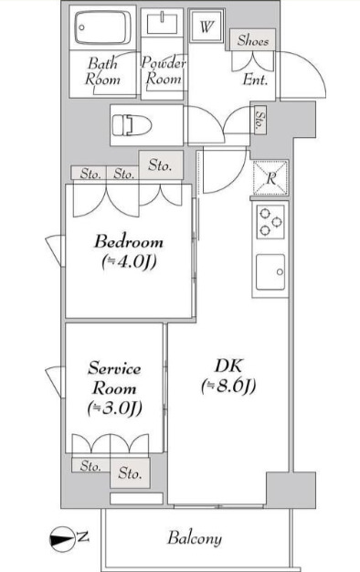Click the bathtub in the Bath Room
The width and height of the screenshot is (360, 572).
pyautogui.click(x=102, y=27)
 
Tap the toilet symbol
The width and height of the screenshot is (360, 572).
pyautogui.click(x=132, y=125)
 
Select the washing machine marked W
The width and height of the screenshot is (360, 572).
pyautogui.click(x=206, y=26)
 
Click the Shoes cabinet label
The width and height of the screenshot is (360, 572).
pyautogui.click(x=252, y=40)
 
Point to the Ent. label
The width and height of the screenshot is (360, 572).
pyautogui.click(x=255, y=79)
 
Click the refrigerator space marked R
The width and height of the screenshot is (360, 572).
pyautogui.click(x=270, y=178)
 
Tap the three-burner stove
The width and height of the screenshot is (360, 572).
pyautogui.click(x=270, y=222)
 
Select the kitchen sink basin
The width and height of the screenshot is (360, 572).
pyautogui.click(x=270, y=272)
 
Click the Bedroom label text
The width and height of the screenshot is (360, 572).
pyautogui.click(x=129, y=242)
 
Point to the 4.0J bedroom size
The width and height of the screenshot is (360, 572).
pyautogui.click(x=129, y=262)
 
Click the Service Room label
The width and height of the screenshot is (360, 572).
pyautogui.click(x=114, y=378)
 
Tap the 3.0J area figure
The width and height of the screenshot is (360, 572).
pyautogui.click(x=114, y=408)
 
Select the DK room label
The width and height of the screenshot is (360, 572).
pyautogui.click(x=228, y=365)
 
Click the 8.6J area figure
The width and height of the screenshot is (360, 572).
pyautogui.click(x=228, y=386)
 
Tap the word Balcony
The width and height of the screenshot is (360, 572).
pyautogui.click(x=195, y=538)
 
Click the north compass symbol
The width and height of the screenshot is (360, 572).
pyautogui.click(x=61, y=539)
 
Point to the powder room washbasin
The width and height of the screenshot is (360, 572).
pyautogui.click(x=162, y=23)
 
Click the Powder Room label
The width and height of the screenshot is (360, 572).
pyautogui.click(x=163, y=70)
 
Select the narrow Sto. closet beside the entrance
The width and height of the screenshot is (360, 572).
pyautogui.click(x=260, y=120)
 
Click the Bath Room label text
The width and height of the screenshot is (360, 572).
pyautogui.click(x=102, y=71)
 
